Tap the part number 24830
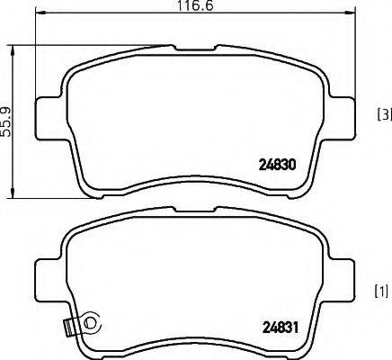tap(278, 166)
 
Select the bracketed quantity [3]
tap(383, 114)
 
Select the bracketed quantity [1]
tap(381, 291)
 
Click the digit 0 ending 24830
tap(292, 166)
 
